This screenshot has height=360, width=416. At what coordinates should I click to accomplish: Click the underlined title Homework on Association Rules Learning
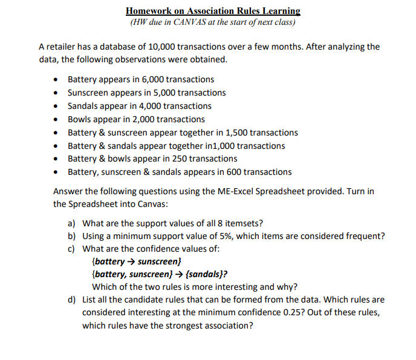[x=213, y=11]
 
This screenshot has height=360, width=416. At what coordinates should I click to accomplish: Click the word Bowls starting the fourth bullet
[x=79, y=119]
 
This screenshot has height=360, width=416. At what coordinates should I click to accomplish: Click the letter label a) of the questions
[x=71, y=223]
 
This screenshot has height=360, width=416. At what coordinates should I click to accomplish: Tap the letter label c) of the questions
[x=71, y=249]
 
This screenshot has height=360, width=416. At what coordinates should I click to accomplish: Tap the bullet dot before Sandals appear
[x=56, y=106]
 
